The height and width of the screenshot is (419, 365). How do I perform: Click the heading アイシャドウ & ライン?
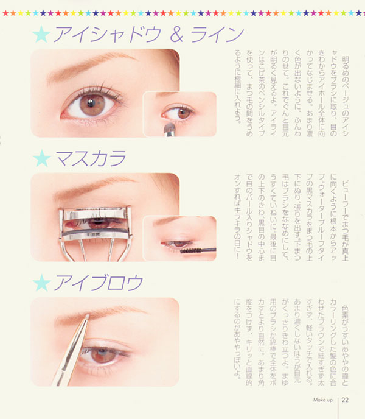click(x=149, y=34)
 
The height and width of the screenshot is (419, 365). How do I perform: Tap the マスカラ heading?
click(x=91, y=158)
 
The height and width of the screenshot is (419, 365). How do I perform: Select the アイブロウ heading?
click(x=99, y=283)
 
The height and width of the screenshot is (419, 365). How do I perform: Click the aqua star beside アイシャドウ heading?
click(x=41, y=35)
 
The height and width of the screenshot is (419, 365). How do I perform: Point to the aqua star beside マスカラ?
click(x=42, y=158)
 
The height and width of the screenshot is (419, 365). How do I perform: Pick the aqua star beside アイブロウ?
click(x=41, y=283)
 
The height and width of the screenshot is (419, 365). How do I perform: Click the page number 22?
click(x=345, y=400)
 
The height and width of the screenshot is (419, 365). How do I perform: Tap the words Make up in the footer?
click(x=323, y=400)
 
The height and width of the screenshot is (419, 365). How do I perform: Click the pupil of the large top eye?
click(x=91, y=103)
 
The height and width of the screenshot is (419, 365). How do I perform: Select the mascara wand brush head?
click(x=190, y=251)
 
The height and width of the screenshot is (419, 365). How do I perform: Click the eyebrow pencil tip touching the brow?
click(x=88, y=316)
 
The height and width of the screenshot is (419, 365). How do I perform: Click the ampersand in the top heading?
click(x=176, y=35)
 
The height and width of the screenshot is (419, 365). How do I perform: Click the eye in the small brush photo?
click(x=177, y=113)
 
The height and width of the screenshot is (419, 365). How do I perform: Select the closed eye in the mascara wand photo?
click(x=176, y=244)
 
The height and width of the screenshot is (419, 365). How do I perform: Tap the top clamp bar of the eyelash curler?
click(x=95, y=213)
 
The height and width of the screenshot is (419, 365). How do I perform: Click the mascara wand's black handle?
click(x=208, y=250)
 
